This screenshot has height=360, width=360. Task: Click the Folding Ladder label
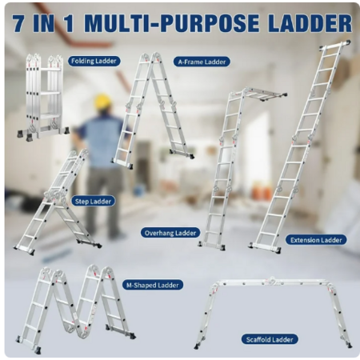[x=94, y=61]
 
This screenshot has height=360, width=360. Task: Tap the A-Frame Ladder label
[x=202, y=62]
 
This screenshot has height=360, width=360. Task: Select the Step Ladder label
[x=93, y=201]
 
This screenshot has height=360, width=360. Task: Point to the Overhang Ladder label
[x=170, y=233]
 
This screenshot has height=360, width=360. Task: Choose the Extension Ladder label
[x=316, y=240]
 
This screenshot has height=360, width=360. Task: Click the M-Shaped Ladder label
[x=153, y=285]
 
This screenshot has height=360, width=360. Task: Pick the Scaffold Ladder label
[x=270, y=339]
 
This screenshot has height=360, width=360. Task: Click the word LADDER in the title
[x=309, y=23]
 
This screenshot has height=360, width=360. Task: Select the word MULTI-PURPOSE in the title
[x=171, y=23]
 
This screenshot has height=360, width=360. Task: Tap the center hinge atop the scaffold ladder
[x=271, y=280]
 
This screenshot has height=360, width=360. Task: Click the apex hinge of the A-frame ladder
[x=151, y=57]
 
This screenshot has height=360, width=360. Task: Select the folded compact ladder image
[x=42, y=97]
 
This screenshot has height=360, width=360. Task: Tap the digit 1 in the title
[x=68, y=23]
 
